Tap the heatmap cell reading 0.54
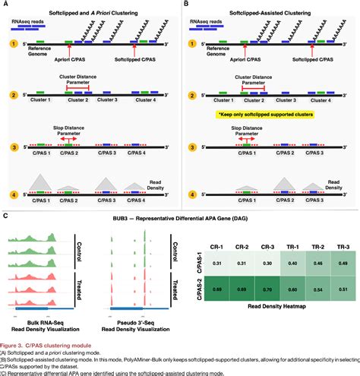(317, 291)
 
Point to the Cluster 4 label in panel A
(145, 100)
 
